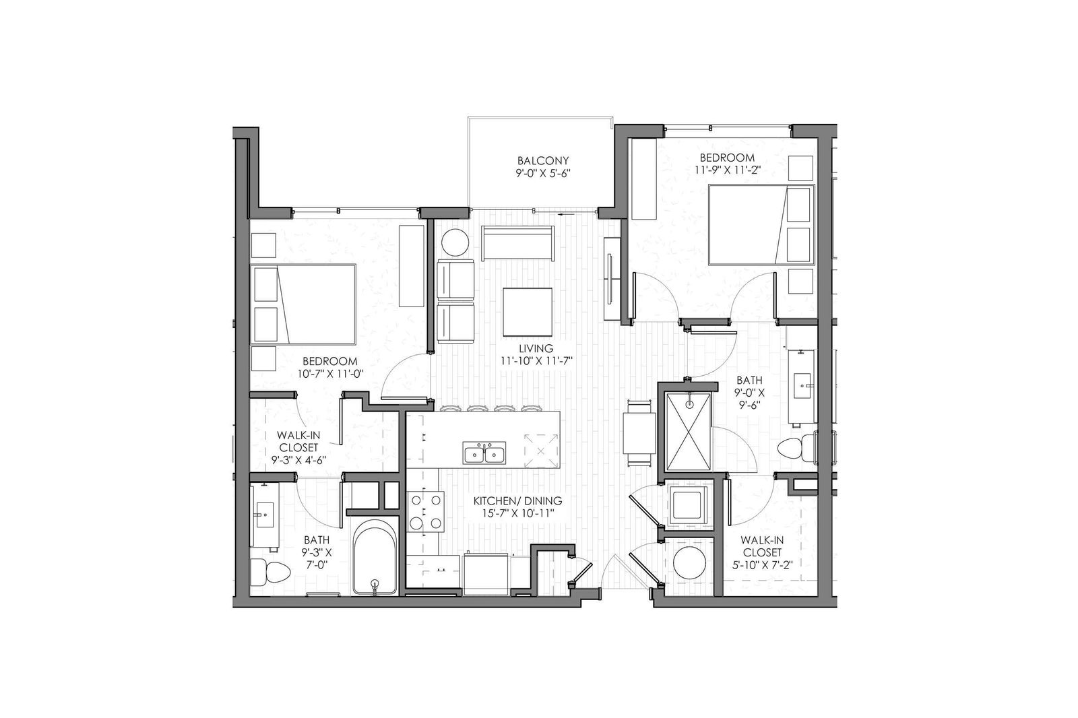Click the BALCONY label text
tap(543, 160)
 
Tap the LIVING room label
tap(536, 348)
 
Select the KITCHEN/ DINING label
tap(517, 501)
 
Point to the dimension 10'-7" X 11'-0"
tap(329, 374)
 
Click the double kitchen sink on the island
tap(484, 453)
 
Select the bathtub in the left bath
tap(375, 558)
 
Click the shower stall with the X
tap(689, 431)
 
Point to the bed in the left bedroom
tap(303, 304)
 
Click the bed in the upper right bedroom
tap(761, 224)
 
